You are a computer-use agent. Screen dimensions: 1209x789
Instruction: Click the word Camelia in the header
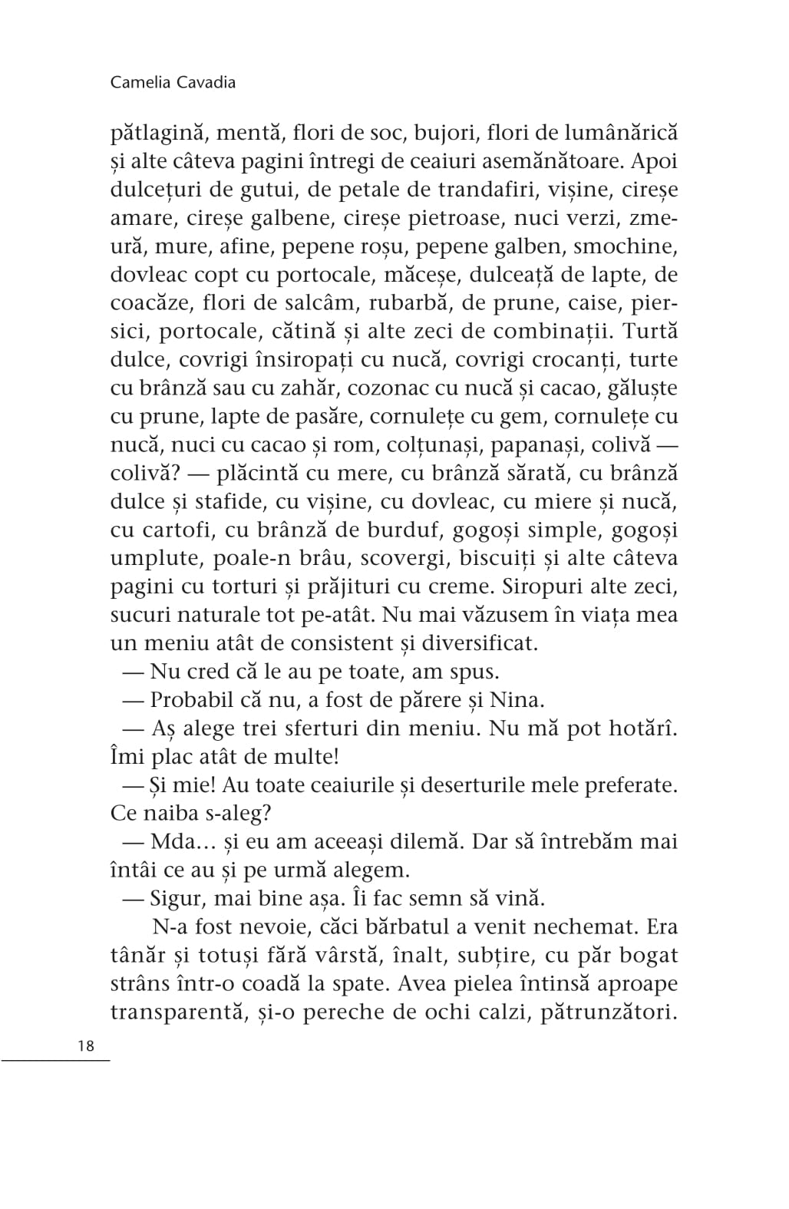139,82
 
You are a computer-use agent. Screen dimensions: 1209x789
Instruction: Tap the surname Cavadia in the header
205,82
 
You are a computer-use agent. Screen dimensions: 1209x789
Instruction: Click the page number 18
86,1045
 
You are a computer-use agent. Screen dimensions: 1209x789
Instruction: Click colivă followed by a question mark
144,474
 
